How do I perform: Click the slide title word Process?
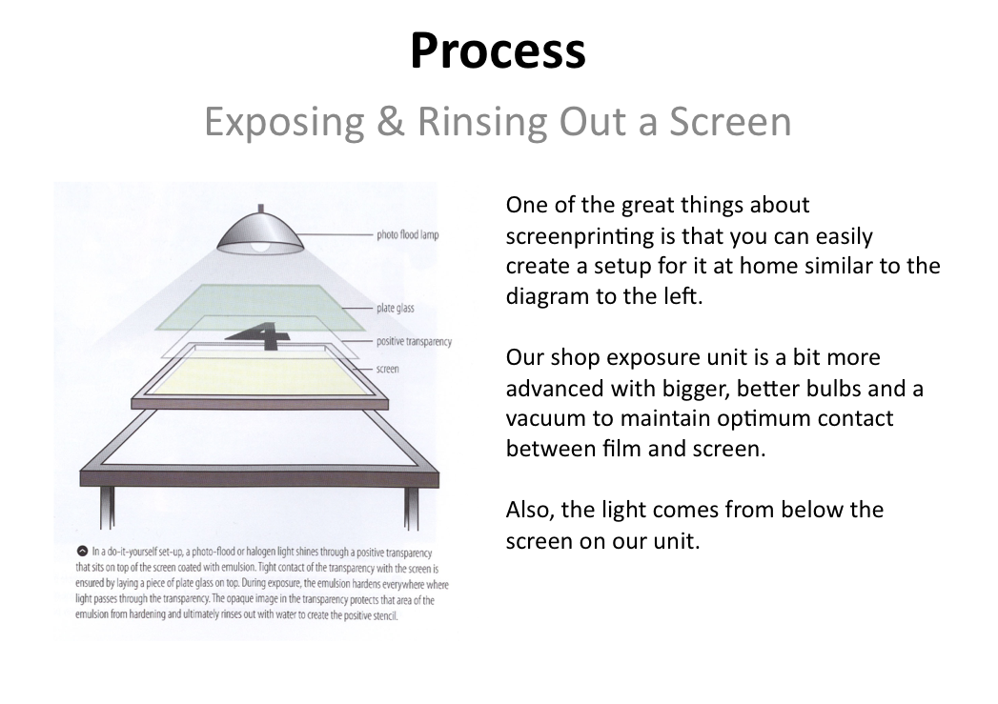click(x=498, y=50)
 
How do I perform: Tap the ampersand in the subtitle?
click(x=391, y=121)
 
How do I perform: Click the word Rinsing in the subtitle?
click(x=481, y=122)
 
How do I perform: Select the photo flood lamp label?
click(x=407, y=234)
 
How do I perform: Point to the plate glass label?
click(x=396, y=308)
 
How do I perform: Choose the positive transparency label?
click(x=414, y=341)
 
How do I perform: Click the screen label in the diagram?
click(x=388, y=369)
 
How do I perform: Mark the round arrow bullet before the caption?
click(x=82, y=551)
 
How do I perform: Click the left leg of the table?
click(x=107, y=508)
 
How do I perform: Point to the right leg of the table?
click(x=411, y=508)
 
